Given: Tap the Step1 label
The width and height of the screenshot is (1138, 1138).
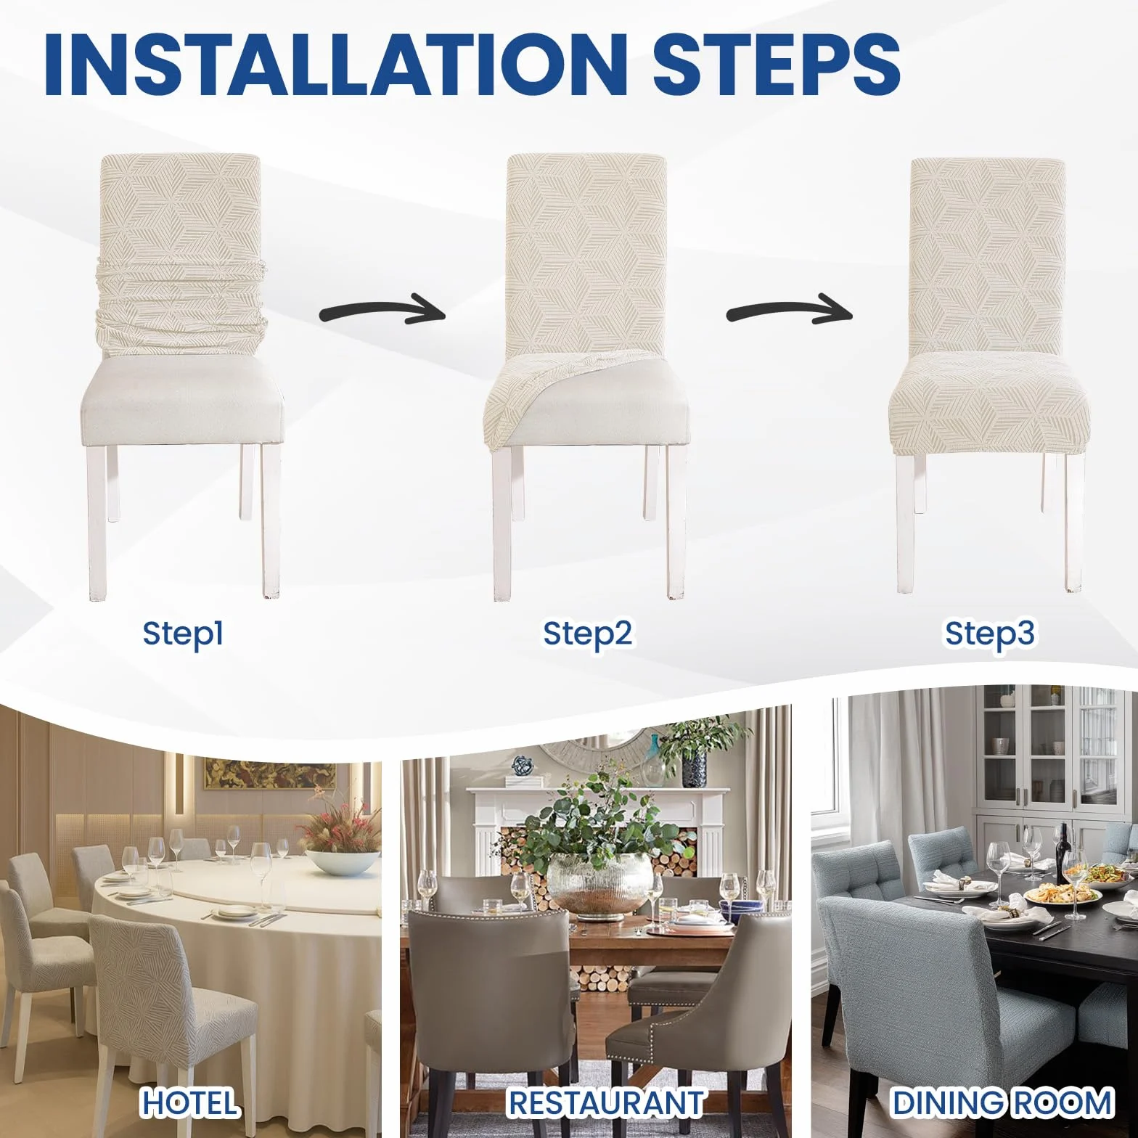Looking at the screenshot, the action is point(183,634).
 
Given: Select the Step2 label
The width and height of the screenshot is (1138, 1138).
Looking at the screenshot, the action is point(588,634).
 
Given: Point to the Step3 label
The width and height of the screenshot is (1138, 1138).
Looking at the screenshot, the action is point(989,634).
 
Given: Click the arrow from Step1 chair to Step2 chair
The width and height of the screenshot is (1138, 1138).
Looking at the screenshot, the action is point(382,311).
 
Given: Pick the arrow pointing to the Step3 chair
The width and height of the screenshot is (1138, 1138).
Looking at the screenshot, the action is point(789,311).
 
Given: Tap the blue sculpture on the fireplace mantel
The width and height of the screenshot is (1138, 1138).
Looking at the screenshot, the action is point(521,766).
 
